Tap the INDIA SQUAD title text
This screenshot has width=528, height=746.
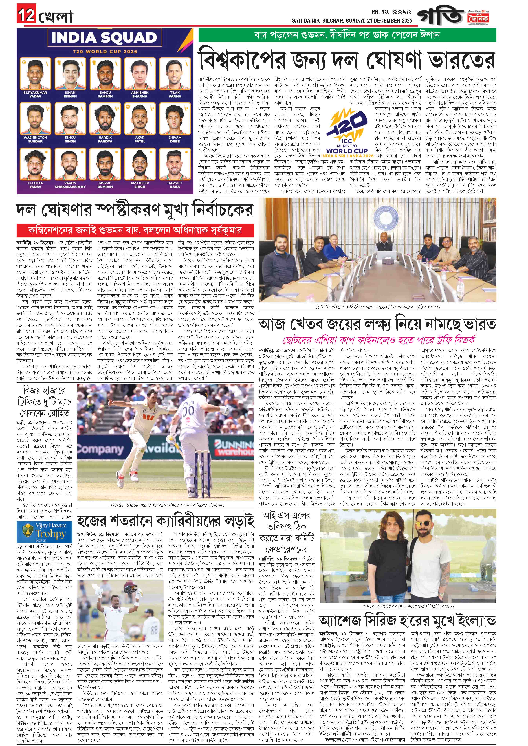[104, 38]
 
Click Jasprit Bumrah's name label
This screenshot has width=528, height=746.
[105, 185]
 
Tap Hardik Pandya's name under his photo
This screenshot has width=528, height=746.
[105, 140]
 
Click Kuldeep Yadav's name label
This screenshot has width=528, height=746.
[35, 185]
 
